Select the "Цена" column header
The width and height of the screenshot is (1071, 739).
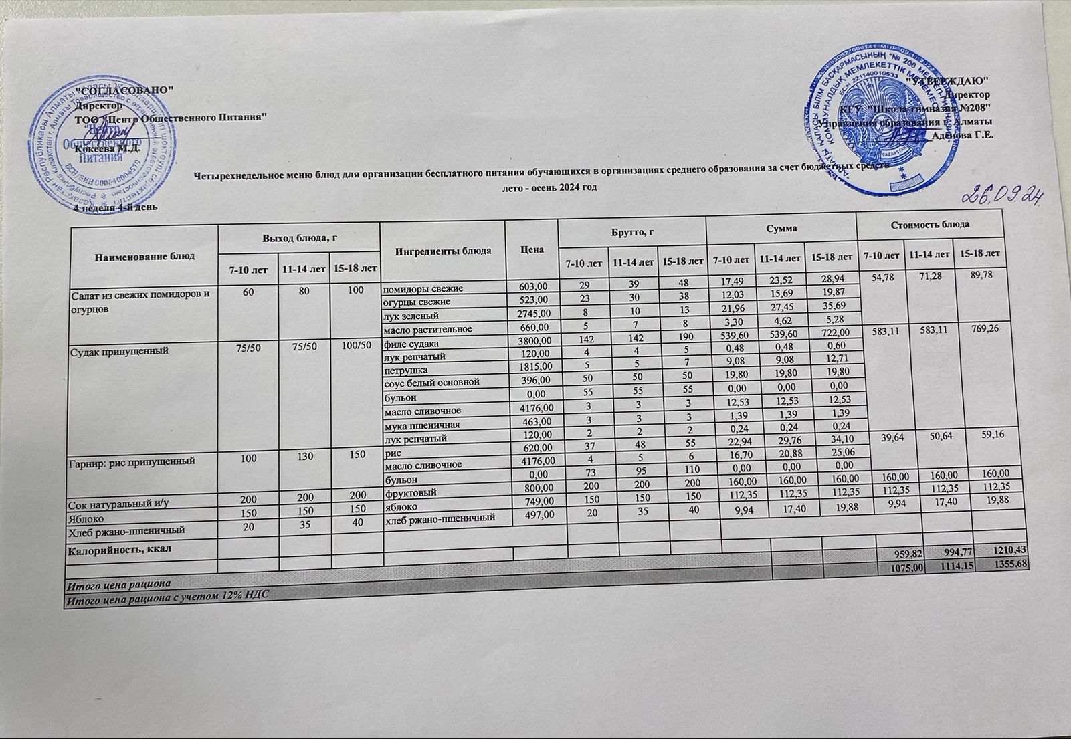coord(533,249)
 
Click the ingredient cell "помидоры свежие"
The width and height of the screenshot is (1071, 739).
coord(423,289)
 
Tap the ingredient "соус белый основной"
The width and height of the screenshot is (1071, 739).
coord(431,383)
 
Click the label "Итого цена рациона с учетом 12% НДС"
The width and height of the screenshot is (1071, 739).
coord(165,596)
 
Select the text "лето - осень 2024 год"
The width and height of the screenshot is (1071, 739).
coord(549,188)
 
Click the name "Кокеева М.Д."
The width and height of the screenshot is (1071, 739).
coord(110,148)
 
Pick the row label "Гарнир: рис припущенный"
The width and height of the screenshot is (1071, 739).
coord(132,461)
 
